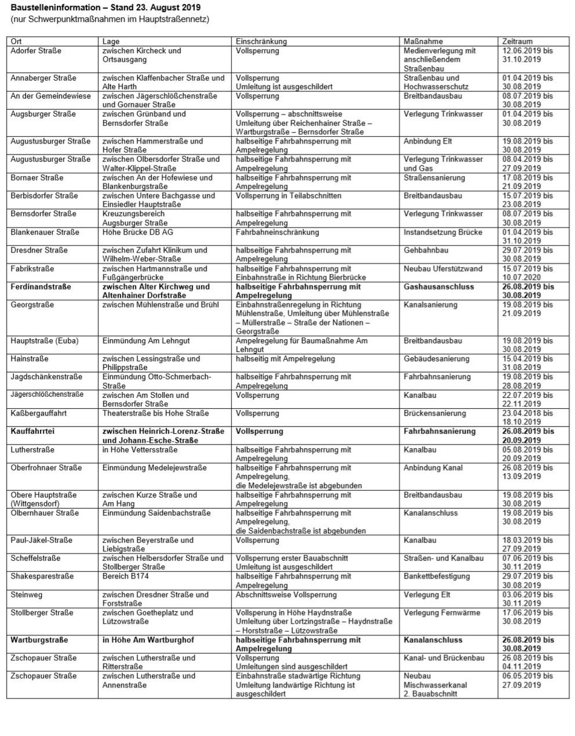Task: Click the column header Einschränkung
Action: [261, 41]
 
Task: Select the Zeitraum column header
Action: [517, 41]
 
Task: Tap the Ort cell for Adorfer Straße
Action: [36, 51]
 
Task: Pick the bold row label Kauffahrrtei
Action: [37, 431]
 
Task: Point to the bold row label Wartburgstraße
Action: [39, 640]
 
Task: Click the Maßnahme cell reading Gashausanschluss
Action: [439, 287]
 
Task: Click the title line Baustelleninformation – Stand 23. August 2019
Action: [107, 7]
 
